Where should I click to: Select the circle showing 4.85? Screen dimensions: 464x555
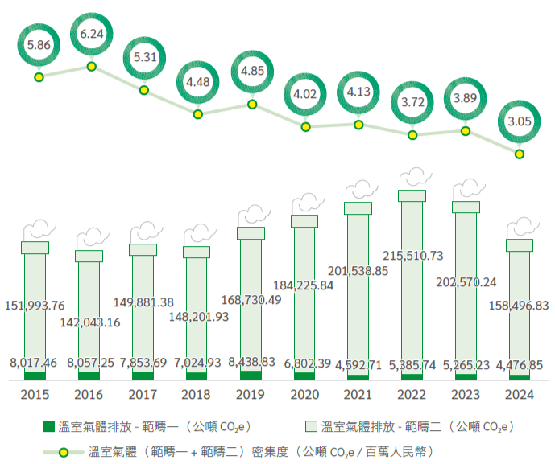coord(252,71)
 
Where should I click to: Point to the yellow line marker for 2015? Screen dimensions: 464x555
coord(39,77)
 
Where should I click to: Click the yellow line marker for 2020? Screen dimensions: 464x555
coord(305,126)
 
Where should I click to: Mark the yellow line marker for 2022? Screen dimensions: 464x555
coord(412,135)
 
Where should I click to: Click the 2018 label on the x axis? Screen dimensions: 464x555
coord(196,396)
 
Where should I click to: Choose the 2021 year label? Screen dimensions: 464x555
coord(357,396)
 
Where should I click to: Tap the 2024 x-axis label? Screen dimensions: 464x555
coord(519,396)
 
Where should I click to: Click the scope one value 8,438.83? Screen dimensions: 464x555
coord(251,363)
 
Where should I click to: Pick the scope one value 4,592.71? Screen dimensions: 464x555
coord(358,363)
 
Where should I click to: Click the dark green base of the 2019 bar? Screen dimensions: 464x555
coord(251,374)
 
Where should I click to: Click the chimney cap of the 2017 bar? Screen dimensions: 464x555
coord(143,249)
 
